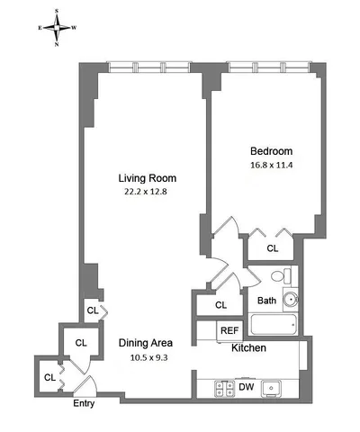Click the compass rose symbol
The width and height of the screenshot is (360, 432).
pos(56,26)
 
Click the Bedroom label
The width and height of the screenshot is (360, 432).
pos(270,150)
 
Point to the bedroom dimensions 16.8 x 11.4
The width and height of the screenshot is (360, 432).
pos(270,165)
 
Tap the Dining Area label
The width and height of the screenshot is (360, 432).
pos(145,343)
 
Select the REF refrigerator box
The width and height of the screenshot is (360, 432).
pos(229,330)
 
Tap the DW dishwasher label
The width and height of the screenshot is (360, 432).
pos(245,388)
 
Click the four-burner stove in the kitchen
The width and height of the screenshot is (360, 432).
pos(221,388)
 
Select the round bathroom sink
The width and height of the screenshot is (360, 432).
pos(290,300)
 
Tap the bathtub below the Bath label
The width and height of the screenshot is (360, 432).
pos(274,326)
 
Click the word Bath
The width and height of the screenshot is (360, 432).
pos(266,301)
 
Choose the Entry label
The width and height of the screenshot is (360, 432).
pos(83,403)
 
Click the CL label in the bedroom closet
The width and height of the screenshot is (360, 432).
pos(273,248)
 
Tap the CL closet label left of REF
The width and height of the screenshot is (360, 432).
pos(221,306)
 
